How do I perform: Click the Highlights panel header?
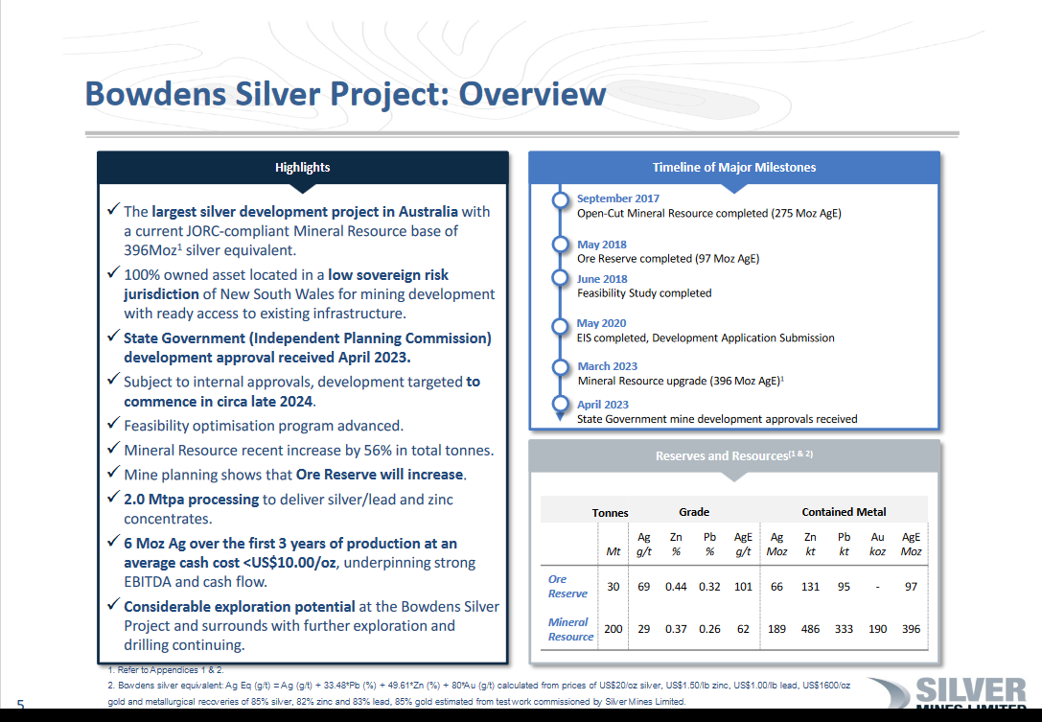click(302, 168)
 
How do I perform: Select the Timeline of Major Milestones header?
click(733, 168)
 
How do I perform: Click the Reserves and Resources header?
click(733, 456)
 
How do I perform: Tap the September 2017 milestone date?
click(618, 198)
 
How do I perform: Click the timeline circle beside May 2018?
click(560, 245)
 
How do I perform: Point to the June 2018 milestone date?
click(602, 279)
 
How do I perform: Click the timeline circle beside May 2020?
click(560, 326)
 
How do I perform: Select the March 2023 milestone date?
click(608, 366)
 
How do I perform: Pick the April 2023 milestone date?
click(603, 405)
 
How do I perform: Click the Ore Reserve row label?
click(567, 587)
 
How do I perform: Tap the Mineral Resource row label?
click(570, 629)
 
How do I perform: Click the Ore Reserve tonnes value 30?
click(614, 587)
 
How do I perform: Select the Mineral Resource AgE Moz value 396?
click(911, 629)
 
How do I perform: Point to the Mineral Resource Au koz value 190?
click(878, 629)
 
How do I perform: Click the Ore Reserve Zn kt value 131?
click(810, 587)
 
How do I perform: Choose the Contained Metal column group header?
click(844, 512)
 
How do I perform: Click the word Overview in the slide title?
click(532, 94)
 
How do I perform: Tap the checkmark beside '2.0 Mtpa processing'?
click(114, 497)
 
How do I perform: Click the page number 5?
click(20, 705)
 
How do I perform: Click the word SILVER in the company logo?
click(971, 690)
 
